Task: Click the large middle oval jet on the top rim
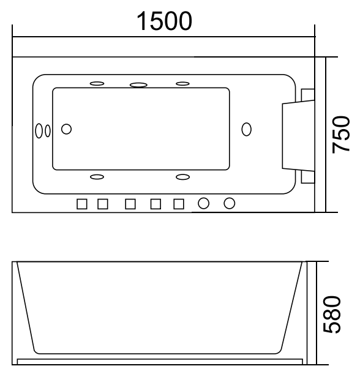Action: click(x=139, y=84)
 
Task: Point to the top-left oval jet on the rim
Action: click(x=97, y=83)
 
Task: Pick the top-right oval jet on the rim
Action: click(x=182, y=83)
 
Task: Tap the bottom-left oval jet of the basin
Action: click(x=97, y=177)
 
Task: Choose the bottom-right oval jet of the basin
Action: click(x=182, y=177)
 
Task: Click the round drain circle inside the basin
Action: click(x=67, y=129)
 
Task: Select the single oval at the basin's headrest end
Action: click(x=246, y=129)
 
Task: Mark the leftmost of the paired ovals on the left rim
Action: click(x=39, y=130)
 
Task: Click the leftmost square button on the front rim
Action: click(x=82, y=203)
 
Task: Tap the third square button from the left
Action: click(x=130, y=203)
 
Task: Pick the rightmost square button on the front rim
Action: click(x=179, y=203)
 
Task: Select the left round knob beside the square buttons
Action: click(x=204, y=203)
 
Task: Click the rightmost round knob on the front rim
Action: click(x=230, y=203)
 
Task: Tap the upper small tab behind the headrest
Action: click(x=308, y=94)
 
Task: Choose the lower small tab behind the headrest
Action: click(x=308, y=176)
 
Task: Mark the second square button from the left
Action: click(x=103, y=203)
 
